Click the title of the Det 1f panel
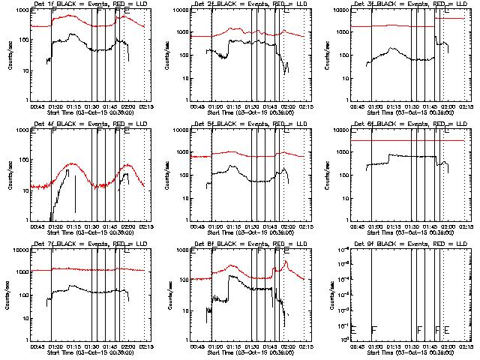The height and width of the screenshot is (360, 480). pyautogui.click(x=89, y=4)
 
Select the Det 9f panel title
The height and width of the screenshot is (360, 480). pyautogui.click(x=409, y=244)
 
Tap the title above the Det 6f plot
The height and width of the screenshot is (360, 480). pyautogui.click(x=409, y=124)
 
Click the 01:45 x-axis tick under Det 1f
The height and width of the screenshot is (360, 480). pyautogui.click(x=108, y=106)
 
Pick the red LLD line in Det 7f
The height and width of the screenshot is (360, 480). pyautogui.click(x=90, y=269)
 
